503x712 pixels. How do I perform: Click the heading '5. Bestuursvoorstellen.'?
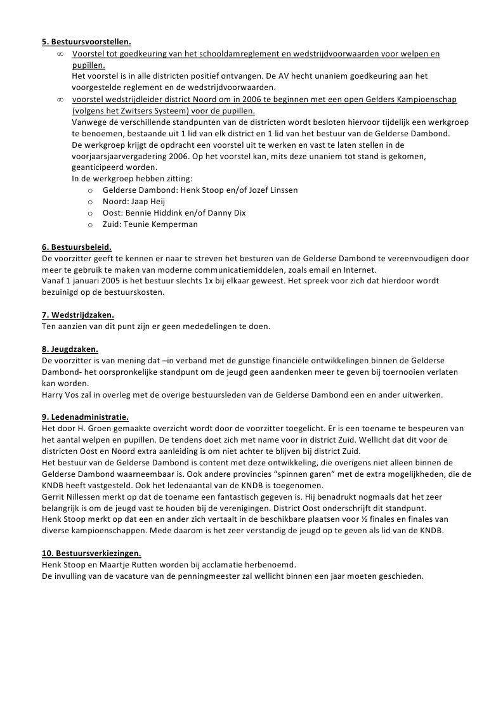point(86,42)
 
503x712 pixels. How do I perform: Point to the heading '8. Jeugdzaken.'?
point(70,349)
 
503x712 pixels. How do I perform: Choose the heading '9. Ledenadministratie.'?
point(85,417)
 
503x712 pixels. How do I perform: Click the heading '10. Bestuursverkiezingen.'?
point(91,553)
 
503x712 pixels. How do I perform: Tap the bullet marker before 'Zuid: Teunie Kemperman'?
point(91,225)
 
